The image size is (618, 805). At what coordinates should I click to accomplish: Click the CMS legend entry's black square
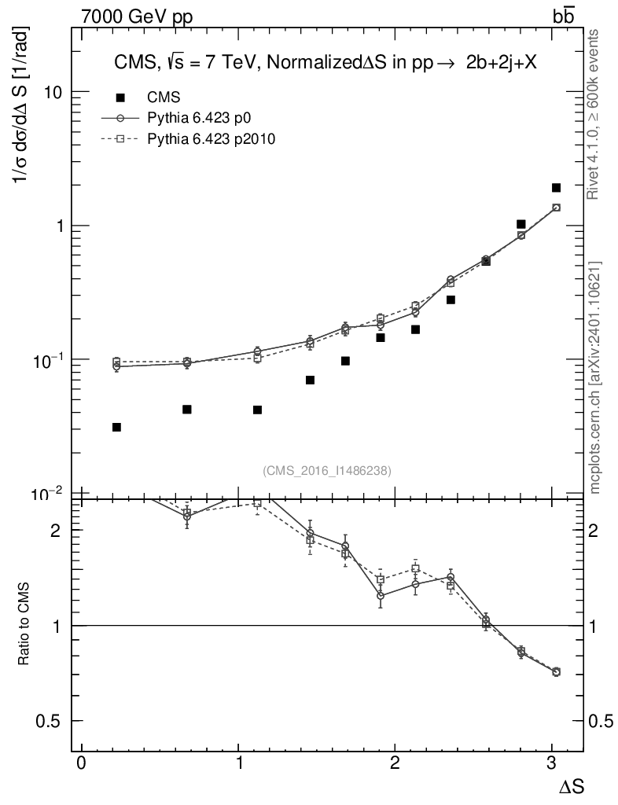coord(120,97)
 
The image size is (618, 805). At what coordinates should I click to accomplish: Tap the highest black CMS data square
coord(556,188)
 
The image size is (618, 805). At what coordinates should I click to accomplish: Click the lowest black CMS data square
coord(116,427)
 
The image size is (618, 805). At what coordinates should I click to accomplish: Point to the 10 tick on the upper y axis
coord(53,92)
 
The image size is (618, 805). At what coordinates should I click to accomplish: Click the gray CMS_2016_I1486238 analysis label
coord(327,470)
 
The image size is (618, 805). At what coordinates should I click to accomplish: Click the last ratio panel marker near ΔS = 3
coord(556,671)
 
